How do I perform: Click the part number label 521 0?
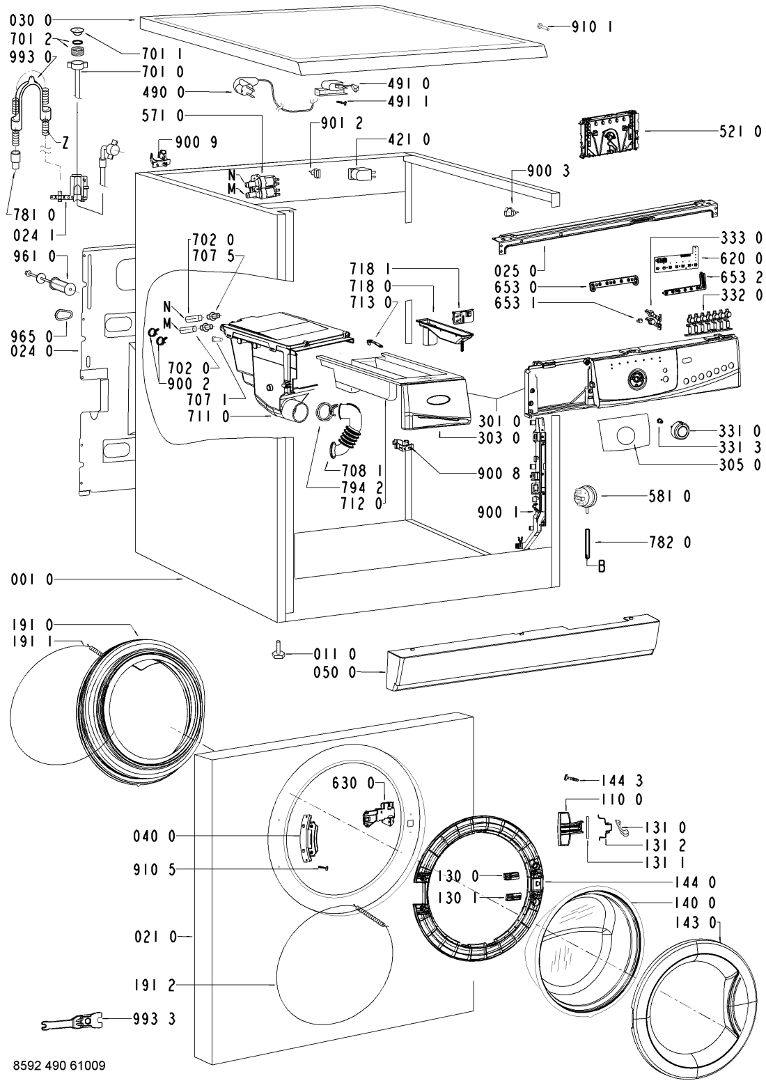pyautogui.click(x=740, y=131)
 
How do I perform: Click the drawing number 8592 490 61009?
pyautogui.click(x=54, y=1065)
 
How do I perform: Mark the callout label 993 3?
pyautogui.click(x=155, y=1019)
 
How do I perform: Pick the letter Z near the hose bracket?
pyautogui.click(x=65, y=143)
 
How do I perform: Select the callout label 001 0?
pyautogui.click(x=32, y=579)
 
